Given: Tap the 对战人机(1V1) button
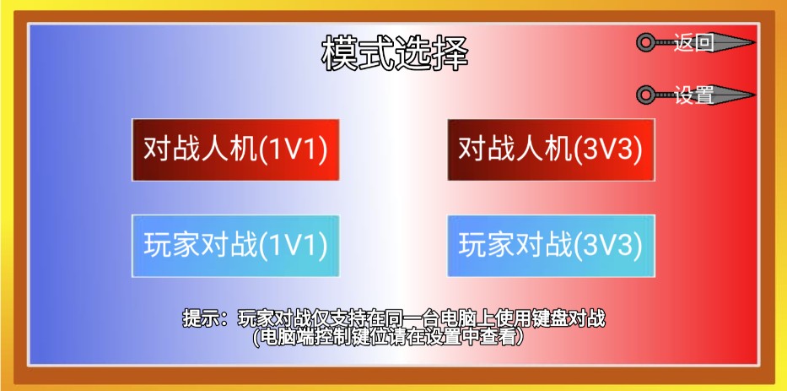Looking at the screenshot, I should (235, 149).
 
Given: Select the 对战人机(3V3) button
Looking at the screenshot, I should (551, 149).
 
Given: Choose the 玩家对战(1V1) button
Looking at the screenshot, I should (235, 246).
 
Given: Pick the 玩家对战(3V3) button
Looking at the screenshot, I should (551, 246).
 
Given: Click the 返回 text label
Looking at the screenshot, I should (693, 42).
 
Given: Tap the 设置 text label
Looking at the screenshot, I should (693, 95).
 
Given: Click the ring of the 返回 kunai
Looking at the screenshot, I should (647, 42).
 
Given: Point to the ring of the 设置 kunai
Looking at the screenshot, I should (647, 95).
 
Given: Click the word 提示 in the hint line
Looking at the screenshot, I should (197, 319).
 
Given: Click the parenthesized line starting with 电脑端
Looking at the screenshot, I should (394, 337).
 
